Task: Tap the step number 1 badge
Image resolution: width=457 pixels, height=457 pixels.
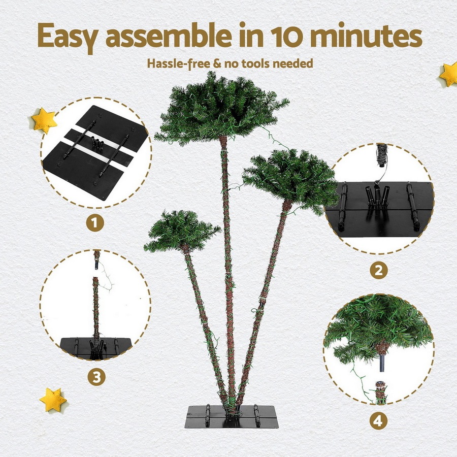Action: tap(95, 222)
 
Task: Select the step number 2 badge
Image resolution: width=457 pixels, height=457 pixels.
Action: tap(378, 270)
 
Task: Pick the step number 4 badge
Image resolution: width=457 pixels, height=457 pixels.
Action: tap(378, 421)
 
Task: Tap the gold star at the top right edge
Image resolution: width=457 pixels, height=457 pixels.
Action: tap(449, 74)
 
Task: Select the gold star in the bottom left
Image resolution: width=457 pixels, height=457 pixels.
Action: tap(53, 400)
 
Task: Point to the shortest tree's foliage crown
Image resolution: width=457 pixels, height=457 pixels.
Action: tap(182, 231)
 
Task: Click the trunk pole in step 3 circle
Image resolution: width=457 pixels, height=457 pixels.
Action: tap(95, 305)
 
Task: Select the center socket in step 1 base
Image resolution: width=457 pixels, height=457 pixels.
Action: tap(96, 144)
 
